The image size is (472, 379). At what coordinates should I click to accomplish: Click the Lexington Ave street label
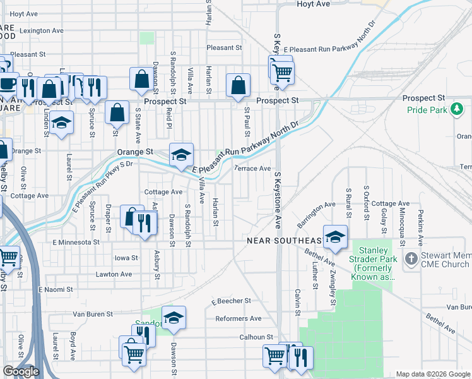tap(42, 30)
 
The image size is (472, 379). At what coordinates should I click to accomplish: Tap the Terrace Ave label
tap(252, 169)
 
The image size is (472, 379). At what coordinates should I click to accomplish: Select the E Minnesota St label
tap(76, 242)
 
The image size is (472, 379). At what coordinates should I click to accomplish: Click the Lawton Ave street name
tap(114, 274)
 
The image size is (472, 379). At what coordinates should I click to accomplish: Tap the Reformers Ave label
tap(238, 318)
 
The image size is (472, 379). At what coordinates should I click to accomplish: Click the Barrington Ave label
tap(316, 215)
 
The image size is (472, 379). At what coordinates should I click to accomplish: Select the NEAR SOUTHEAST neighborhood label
tap(285, 241)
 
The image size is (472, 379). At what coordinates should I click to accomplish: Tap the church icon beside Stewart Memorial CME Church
tap(411, 258)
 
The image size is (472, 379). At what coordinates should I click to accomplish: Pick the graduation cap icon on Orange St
tap(181, 154)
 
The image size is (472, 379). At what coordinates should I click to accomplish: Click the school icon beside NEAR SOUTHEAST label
tap(335, 236)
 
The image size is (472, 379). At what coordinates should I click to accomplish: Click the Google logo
tap(21, 371)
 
